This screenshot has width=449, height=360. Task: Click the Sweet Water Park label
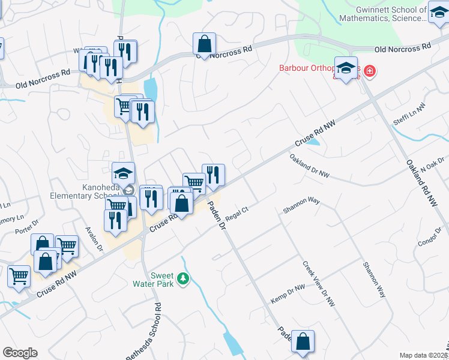tap(161, 279)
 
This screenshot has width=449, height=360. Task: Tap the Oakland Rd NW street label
tap(424, 183)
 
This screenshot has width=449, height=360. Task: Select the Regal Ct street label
tap(237, 213)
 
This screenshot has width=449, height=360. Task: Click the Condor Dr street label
tap(429, 239)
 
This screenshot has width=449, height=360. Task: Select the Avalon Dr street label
tap(95, 239)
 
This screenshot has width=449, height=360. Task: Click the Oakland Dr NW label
tap(310, 166)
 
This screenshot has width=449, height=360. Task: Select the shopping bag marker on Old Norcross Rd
tap(204, 44)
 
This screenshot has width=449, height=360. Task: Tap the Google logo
tap(20, 353)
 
